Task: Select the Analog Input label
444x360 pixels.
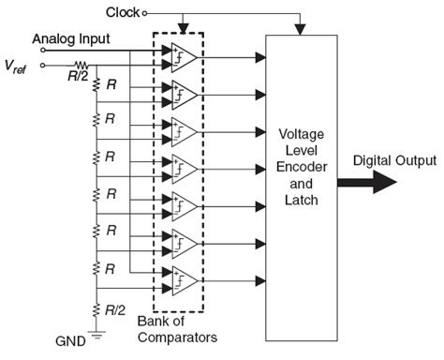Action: tap(71, 38)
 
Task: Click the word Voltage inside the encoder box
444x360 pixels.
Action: tap(303, 134)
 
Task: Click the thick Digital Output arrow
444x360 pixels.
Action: tap(379, 182)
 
